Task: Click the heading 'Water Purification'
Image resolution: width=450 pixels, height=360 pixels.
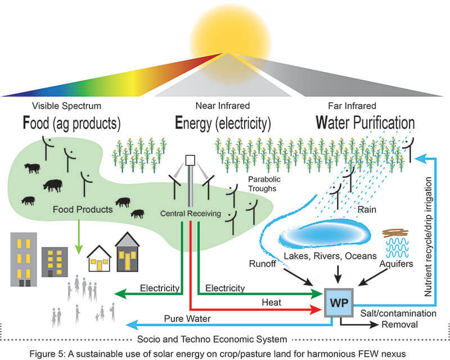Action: point(364,122)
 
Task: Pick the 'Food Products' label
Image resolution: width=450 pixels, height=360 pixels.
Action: point(83,210)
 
